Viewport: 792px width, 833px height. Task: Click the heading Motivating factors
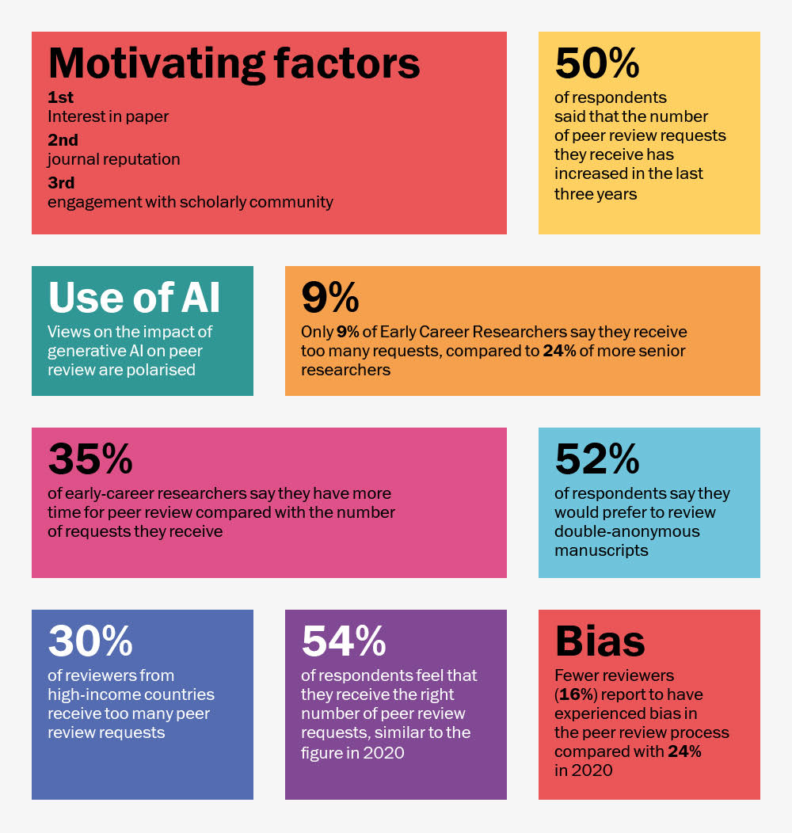234,63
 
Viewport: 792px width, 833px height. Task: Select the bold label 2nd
63,140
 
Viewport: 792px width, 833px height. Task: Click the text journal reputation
113,159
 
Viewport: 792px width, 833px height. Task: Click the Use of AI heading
134,297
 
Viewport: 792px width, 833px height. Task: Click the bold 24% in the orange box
559,351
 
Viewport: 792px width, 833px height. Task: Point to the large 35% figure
89,458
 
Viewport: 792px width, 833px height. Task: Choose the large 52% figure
596,458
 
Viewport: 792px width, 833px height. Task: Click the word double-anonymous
627,531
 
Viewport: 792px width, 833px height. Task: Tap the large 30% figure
89,641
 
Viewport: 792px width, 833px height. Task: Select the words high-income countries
131,694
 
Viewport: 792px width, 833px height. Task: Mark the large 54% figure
343,641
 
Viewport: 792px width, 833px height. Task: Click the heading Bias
600,641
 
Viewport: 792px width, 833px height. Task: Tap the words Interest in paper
108,117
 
